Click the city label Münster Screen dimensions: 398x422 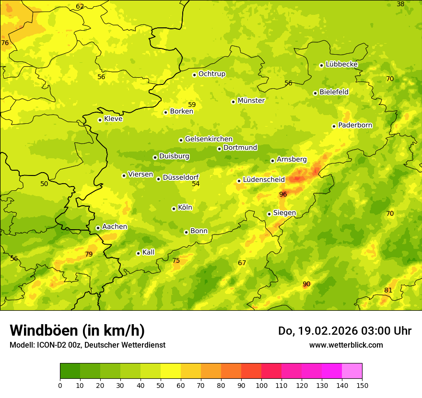pos(251,101)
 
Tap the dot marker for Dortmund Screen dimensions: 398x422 pos(219,149)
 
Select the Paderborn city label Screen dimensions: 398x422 pos(355,125)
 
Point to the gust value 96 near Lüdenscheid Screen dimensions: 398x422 pos(283,194)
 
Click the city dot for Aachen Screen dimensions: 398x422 pos(98,228)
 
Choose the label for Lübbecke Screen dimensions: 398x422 pos(341,64)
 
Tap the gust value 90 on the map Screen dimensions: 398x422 pos(306,284)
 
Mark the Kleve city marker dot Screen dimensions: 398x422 pos(100,120)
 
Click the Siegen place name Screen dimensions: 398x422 pos(284,213)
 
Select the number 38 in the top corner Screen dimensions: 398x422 pos(400,4)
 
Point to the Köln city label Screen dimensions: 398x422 pos(185,208)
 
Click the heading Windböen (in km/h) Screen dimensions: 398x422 pos(77,330)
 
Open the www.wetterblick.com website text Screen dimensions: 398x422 pos(346,345)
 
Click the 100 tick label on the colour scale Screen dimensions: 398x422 pos(261,385)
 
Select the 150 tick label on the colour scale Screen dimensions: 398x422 pos(362,385)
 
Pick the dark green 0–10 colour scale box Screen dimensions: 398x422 pos(70,371)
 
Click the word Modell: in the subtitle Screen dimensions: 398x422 pos(22,345)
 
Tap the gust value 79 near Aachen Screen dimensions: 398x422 pos(89,254)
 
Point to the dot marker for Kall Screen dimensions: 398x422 pos(138,253)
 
